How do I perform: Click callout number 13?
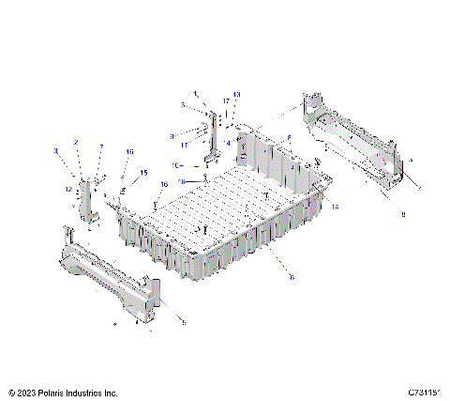[x=237, y=95]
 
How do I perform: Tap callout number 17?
[x=226, y=100]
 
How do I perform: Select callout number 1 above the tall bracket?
[x=196, y=94]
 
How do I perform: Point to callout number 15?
[x=144, y=172]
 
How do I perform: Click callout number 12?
[x=68, y=190]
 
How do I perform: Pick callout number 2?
[x=77, y=144]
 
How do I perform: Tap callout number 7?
[x=101, y=148]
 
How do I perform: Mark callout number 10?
[x=175, y=164]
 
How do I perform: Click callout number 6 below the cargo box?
[x=292, y=277]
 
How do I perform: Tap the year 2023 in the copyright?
[x=27, y=393]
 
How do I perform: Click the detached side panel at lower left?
[x=108, y=281]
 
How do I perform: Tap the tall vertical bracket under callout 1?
[x=213, y=136]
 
